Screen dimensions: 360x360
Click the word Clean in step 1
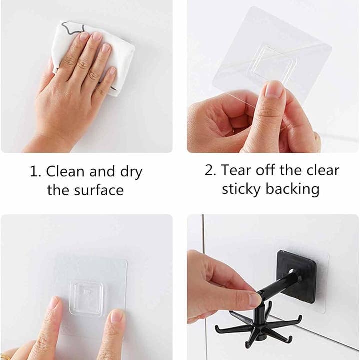[65, 171]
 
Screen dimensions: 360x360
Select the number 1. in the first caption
[35, 172]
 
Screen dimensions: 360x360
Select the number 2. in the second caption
[211, 170]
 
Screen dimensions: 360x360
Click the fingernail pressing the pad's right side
[118, 316]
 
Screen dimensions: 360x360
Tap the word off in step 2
[266, 170]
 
